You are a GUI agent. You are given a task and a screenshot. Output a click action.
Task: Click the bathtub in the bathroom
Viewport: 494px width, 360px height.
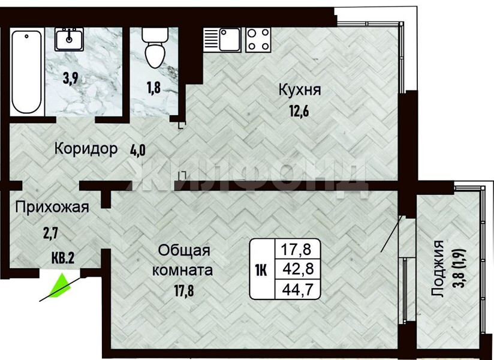(x=27, y=71)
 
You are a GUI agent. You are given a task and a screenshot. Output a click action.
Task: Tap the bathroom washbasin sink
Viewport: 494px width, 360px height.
(x=69, y=39)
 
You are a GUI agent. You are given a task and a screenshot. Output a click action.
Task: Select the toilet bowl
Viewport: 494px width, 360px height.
(x=155, y=48)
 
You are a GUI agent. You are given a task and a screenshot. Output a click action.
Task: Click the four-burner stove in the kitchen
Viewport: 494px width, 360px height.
(x=258, y=40)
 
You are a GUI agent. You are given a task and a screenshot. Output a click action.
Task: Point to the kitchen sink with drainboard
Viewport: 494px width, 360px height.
(x=222, y=40)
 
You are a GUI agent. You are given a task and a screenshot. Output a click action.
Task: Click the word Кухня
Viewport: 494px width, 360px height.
(x=300, y=90)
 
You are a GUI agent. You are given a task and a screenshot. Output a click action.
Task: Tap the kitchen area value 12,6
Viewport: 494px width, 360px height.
(x=299, y=111)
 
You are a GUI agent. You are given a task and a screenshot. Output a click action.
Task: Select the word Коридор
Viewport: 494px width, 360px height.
(x=86, y=148)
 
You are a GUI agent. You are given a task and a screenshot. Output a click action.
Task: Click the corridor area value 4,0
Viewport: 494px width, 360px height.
(x=138, y=150)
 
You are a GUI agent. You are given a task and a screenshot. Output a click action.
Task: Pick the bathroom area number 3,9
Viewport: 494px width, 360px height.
(x=70, y=78)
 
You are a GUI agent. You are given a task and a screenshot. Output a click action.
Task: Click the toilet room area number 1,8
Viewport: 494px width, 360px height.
(x=153, y=88)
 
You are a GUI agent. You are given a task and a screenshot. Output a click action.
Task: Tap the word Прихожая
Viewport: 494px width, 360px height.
(x=52, y=208)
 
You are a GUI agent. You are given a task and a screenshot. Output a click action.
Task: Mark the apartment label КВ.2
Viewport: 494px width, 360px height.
(x=63, y=258)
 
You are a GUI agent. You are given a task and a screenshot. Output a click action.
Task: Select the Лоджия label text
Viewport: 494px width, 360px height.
(x=438, y=269)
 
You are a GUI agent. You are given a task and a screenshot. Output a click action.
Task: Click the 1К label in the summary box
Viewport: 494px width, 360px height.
(x=261, y=270)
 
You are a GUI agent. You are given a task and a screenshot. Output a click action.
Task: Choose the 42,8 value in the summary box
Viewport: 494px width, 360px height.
(x=298, y=269)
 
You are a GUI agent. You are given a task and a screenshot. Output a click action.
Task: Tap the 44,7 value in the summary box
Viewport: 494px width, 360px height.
(x=298, y=289)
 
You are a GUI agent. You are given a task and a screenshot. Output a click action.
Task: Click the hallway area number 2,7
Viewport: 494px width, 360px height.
(x=50, y=234)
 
